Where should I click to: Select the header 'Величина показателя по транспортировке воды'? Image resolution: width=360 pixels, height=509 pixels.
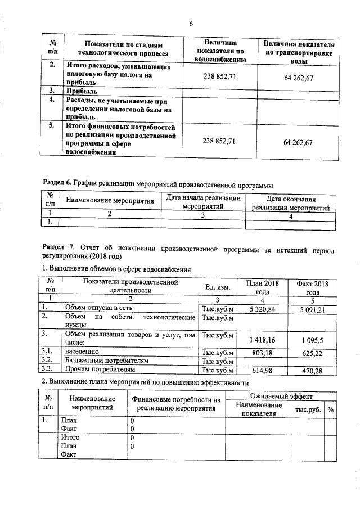tap(299, 52)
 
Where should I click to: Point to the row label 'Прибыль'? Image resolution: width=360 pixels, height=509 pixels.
tap(80, 91)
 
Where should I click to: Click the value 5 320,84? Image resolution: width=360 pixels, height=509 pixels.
tap(263, 309)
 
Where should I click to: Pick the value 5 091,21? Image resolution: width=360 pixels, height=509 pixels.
tap(308, 309)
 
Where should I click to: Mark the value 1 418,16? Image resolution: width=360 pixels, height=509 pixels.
tap(263, 340)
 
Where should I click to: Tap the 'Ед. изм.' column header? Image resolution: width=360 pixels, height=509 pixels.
tap(217, 287)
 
